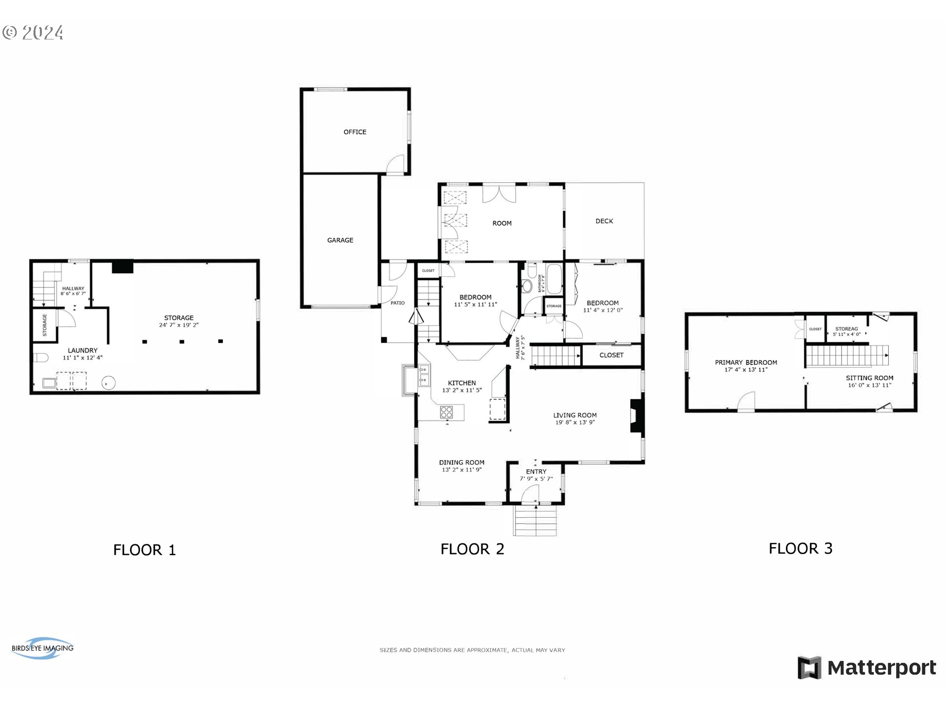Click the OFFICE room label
pos(355,132)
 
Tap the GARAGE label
pos(340,240)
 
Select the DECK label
pos(604,221)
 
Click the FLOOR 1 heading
pos(144,550)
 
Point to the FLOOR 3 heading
pos(800,548)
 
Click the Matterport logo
pos(867,668)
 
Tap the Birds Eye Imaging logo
pos(42,648)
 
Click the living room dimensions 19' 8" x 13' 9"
pos(575,423)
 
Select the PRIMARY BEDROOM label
pos(746,362)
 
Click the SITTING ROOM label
pos(870,378)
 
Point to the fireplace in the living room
pos(637,416)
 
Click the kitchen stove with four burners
pos(446,412)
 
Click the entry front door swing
pos(531,493)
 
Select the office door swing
pos(396,165)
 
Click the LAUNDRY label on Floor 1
pos(83,351)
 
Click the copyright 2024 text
pos(33,33)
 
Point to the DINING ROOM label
pos(462,462)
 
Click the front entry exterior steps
pos(536,521)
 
